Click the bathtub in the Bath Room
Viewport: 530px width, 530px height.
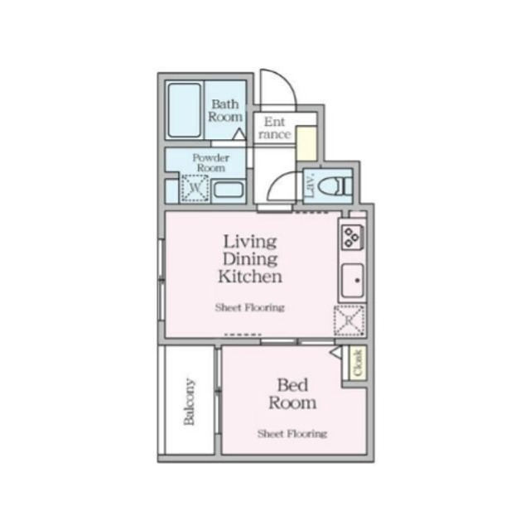pos(184,111)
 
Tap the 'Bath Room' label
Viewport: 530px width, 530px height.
pos(224,110)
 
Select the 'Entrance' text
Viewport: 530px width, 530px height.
pos(274,128)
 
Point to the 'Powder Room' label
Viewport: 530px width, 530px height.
pos(209,161)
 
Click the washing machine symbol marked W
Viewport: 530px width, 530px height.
pos(194,189)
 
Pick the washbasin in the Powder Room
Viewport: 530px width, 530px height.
pos(228,190)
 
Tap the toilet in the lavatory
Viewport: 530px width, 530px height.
pos(339,185)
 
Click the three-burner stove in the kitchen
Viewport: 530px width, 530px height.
pos(351,237)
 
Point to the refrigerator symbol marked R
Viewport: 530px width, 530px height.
pos(349,319)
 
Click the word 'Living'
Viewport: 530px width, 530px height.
pos(249,241)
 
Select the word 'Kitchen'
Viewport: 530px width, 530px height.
pos(250,277)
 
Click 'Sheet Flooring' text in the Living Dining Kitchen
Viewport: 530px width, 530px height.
pos(249,307)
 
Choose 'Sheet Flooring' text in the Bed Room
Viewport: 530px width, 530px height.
pos(291,433)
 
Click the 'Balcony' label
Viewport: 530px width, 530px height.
pos(190,402)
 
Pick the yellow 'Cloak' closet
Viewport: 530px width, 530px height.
pos(358,364)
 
